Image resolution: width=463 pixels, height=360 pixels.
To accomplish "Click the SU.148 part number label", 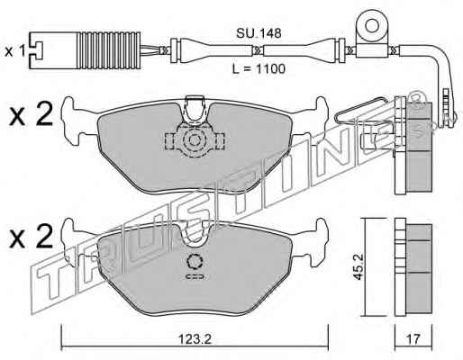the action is click(x=259, y=33).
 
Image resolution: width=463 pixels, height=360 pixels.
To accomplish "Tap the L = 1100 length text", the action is click(x=259, y=69).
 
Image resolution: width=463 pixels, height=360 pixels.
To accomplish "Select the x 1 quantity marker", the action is click(x=14, y=51).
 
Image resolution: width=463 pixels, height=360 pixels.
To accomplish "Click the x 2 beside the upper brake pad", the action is click(x=31, y=114).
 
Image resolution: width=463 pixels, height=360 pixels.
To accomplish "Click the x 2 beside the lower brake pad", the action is click(x=31, y=237).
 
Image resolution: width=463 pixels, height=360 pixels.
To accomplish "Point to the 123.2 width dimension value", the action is click(x=195, y=339).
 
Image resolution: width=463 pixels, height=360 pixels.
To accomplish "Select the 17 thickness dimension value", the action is click(x=413, y=339).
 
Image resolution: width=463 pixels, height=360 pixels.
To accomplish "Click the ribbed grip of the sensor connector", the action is click(x=109, y=50).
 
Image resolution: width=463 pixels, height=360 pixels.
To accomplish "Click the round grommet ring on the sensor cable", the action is click(x=372, y=26).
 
